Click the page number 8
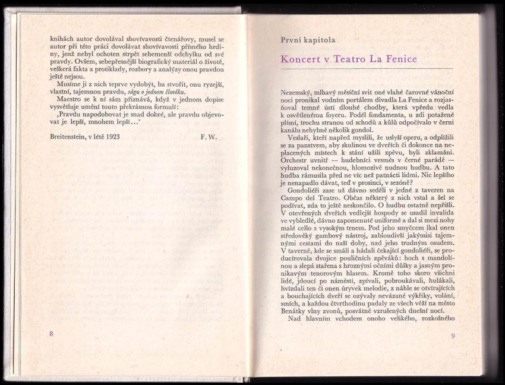52,334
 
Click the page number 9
453,336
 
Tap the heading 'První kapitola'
308,40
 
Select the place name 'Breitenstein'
71,135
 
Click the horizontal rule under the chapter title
367,70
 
